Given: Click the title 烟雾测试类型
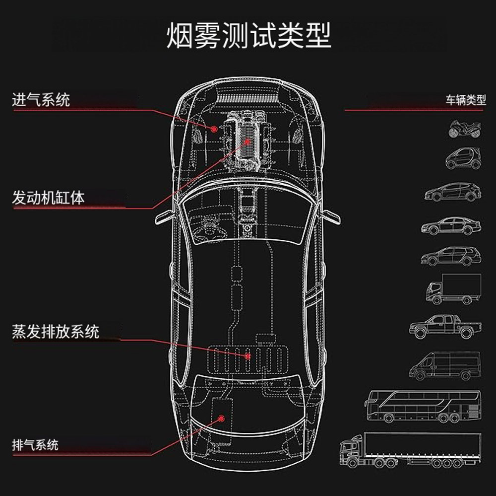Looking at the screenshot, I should (x=248, y=36).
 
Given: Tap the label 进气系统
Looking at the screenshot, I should (x=41, y=100).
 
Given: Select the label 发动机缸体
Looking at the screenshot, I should (x=48, y=198).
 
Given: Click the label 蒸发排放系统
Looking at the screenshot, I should (x=56, y=331).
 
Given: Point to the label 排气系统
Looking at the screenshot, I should (x=35, y=443).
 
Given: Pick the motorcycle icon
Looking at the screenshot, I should (x=465, y=129).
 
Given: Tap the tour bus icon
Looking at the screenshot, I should (x=422, y=406).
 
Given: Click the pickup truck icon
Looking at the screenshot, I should (x=445, y=326).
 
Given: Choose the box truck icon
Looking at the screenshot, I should (x=453, y=289).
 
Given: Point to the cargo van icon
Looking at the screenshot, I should (x=445, y=365).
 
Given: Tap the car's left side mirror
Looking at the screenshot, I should (x=165, y=217).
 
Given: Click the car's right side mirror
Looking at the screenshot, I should (x=330, y=217).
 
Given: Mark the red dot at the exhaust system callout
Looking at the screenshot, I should (x=222, y=418).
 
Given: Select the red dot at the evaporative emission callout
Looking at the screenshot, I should (x=248, y=355).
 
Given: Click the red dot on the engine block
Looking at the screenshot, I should (x=248, y=141).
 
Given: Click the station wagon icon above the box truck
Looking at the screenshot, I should (x=451, y=256).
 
